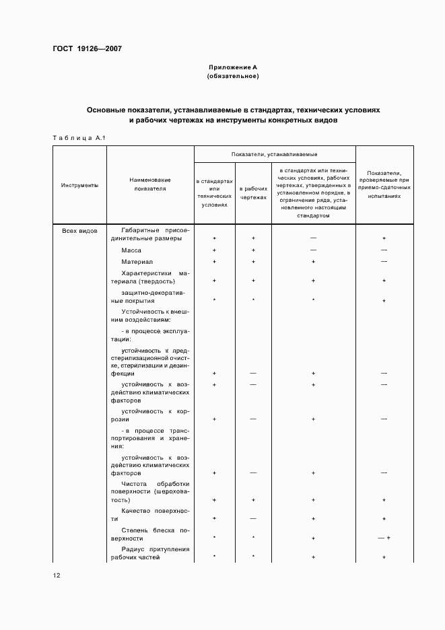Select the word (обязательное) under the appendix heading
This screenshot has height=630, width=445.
pos(233,76)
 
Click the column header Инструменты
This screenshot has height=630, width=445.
pos(79,185)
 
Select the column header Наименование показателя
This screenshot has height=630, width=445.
pos(150,185)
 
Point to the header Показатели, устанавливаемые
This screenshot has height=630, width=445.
pos(275,155)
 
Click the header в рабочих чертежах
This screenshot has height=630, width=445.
pos(253,194)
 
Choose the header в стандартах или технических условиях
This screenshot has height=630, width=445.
pos(214,194)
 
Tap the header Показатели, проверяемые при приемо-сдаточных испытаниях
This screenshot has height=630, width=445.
pos(384,185)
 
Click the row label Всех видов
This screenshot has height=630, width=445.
pos(79,231)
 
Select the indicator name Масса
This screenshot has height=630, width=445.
pos(131,250)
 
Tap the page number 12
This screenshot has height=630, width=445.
pos(57,575)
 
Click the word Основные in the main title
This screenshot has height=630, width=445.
pos(107,109)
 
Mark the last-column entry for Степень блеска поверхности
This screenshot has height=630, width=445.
pos(384,538)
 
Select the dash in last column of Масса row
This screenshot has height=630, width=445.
pos(384,250)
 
